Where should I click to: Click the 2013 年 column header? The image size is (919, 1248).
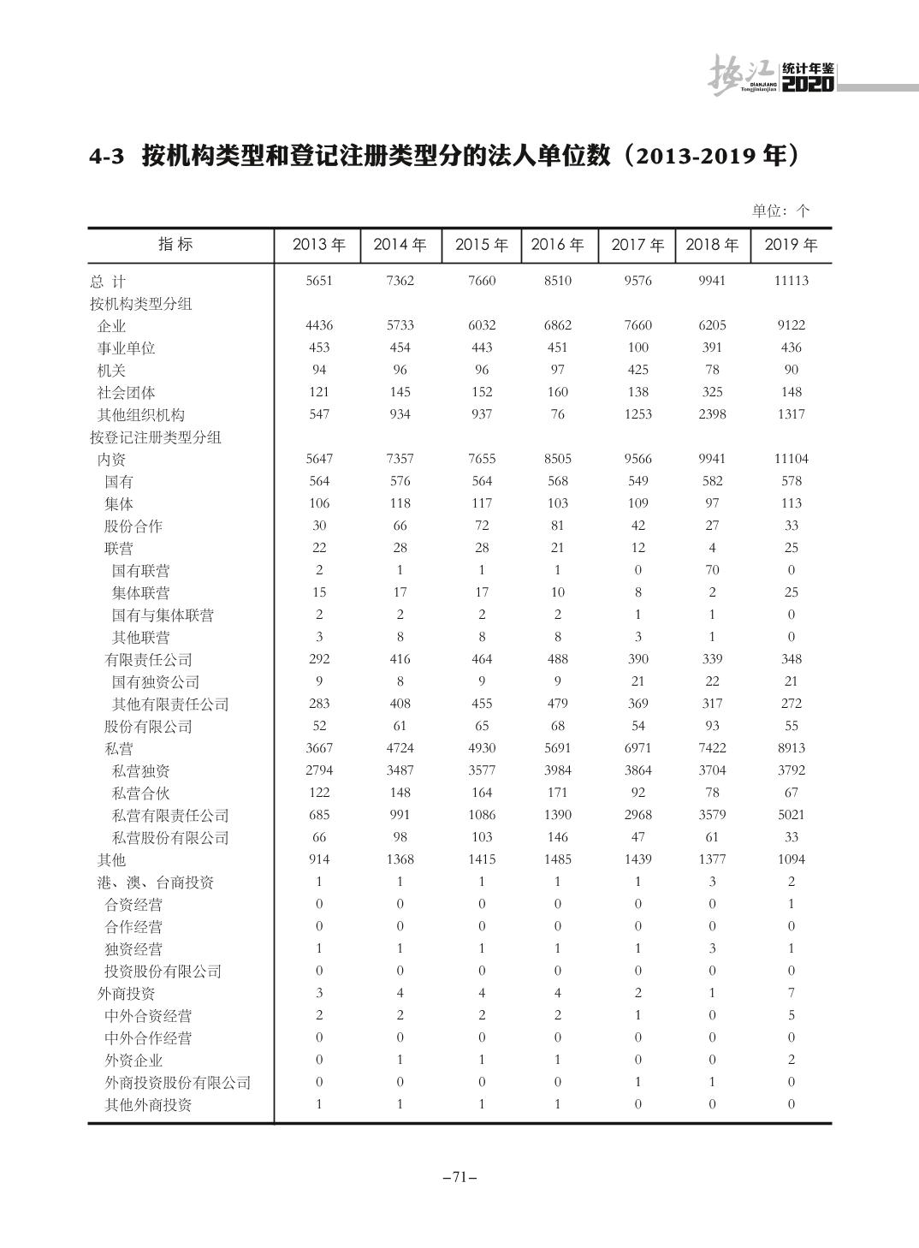tap(318, 245)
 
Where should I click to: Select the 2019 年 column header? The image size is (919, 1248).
tap(791, 245)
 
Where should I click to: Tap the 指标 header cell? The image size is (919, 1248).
tap(175, 244)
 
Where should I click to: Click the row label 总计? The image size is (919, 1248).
tap(108, 282)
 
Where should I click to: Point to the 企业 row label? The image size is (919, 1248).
tap(111, 326)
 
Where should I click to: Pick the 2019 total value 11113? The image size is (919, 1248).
tap(791, 281)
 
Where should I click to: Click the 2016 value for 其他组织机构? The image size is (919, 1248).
tap(557, 414)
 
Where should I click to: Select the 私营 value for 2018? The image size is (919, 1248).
tap(712, 748)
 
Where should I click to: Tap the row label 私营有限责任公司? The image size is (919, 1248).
tap(170, 816)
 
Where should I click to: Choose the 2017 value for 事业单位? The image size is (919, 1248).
tap(637, 348)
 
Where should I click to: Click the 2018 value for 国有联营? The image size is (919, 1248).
tap(712, 570)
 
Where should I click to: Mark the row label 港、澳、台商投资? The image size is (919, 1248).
tap(155, 883)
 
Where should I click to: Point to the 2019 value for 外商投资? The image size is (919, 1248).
tap(791, 993)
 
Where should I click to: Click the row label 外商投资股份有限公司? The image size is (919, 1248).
tap(178, 1083)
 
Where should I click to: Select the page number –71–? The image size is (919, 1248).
tap(459, 1177)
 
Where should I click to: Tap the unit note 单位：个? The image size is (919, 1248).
tap(780, 211)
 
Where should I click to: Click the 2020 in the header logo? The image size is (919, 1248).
tap(808, 85)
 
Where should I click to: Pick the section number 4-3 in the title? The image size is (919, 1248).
tap(107, 157)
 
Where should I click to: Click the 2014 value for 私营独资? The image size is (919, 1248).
tap(400, 770)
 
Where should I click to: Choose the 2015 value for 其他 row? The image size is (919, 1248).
tap(482, 859)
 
